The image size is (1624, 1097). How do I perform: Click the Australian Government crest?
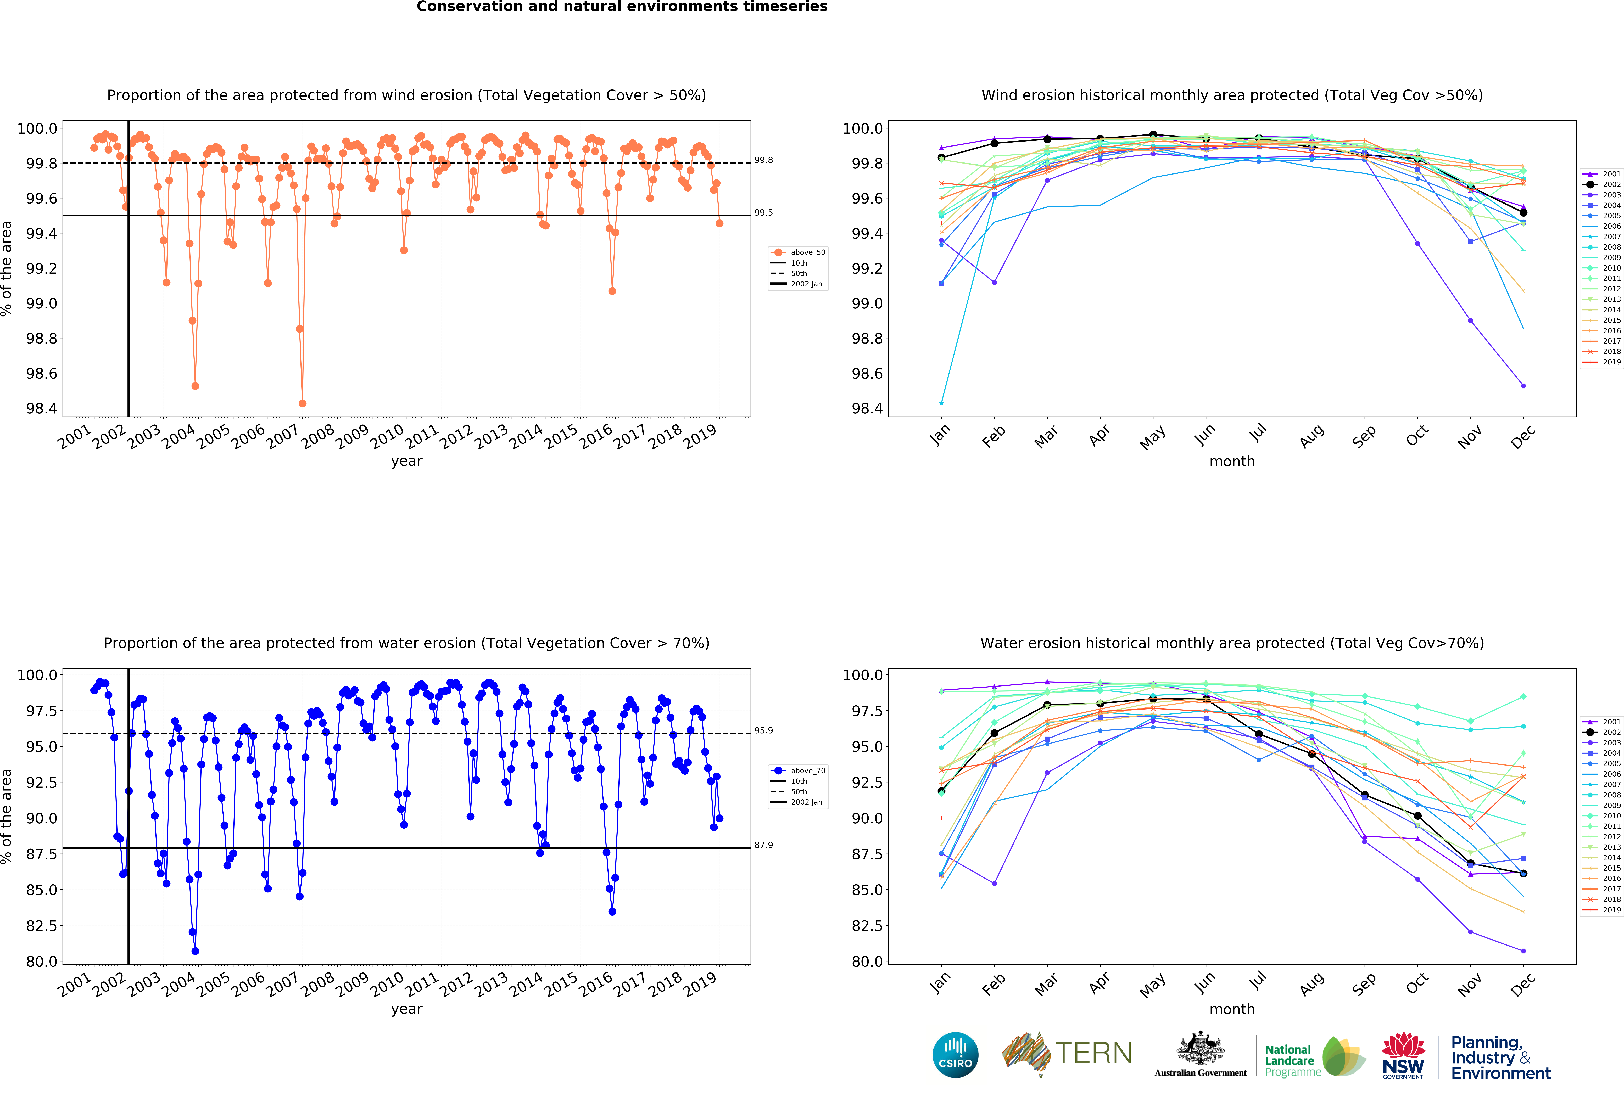pos(1200,1049)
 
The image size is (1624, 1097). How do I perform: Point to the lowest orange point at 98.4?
pos(303,403)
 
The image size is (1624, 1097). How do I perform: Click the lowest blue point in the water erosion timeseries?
pos(195,951)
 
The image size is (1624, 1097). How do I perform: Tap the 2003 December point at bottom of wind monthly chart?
pos(1523,386)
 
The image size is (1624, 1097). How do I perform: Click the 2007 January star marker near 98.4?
pos(941,403)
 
